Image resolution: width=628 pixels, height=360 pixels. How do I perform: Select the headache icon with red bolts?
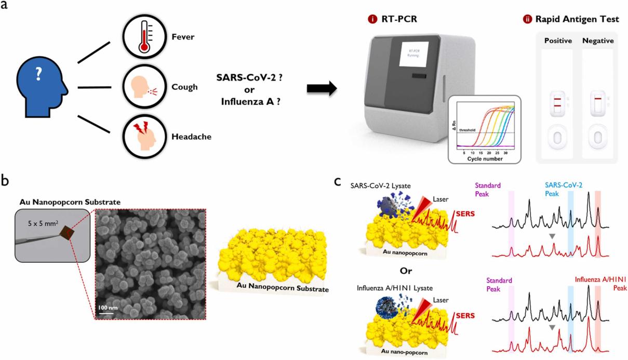tap(142, 137)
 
